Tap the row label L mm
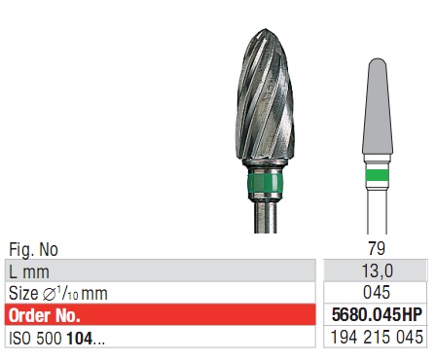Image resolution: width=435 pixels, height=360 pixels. [29, 270]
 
